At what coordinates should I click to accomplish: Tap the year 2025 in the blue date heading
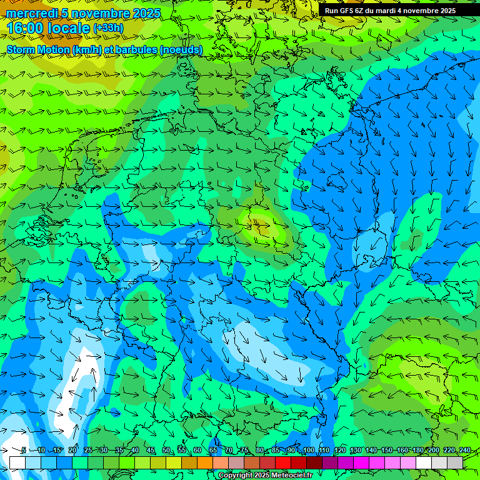[x=146, y=13]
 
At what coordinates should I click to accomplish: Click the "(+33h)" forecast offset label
[x=108, y=28]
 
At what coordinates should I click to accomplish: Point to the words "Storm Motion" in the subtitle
[x=37, y=49]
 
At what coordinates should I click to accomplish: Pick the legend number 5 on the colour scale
[x=24, y=450]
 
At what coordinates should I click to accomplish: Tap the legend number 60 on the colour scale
[x=197, y=450]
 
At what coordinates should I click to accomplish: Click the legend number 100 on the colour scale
[x=308, y=450]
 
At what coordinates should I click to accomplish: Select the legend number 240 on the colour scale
[x=465, y=450]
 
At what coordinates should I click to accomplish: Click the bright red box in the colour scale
[x=283, y=462]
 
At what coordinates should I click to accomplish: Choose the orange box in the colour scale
[x=189, y=462]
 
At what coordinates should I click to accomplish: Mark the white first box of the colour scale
[x=17, y=462]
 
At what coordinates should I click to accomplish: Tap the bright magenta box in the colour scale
[x=361, y=462]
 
